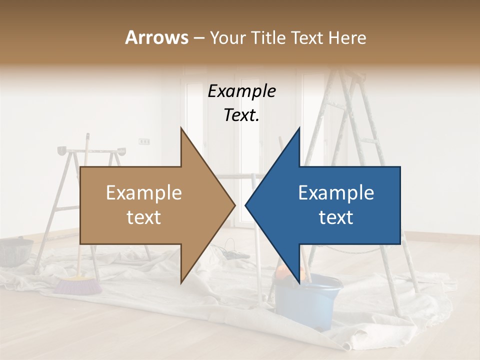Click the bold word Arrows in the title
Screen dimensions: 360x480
tap(156, 37)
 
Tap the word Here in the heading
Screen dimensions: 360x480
tap(347, 37)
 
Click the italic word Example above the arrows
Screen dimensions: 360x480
tap(241, 91)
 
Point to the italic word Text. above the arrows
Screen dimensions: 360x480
tap(241, 115)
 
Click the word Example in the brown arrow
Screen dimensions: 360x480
tap(144, 193)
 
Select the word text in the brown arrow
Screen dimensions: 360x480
tap(144, 217)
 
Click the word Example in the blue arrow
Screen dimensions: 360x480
tap(336, 193)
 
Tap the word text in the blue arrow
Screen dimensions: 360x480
tap(336, 217)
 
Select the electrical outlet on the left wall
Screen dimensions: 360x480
tap(144, 141)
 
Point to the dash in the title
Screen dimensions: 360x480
tap(198, 38)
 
